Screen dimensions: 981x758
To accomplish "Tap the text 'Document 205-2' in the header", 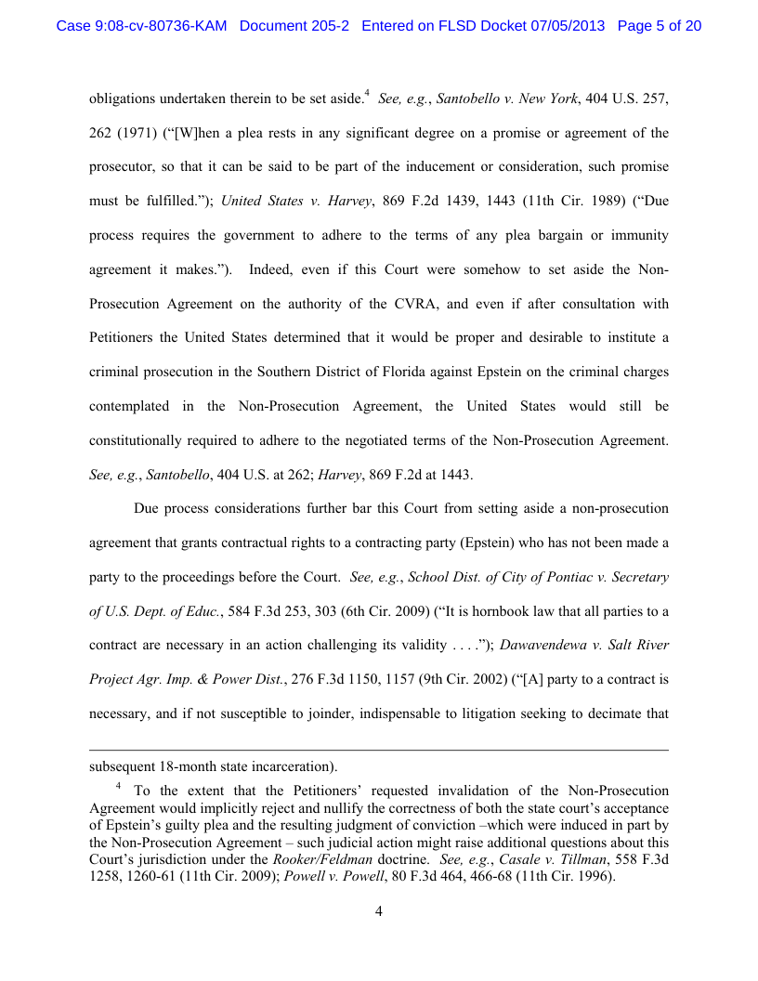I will click(294, 26).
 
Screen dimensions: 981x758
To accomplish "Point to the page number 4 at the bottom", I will click(379, 911).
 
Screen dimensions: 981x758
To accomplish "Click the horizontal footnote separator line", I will click(379, 750).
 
